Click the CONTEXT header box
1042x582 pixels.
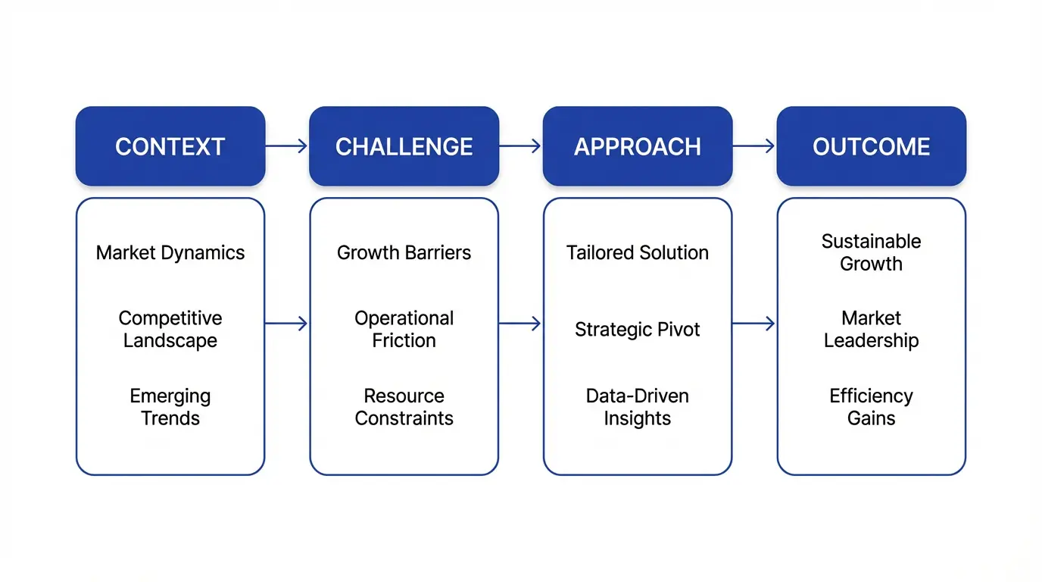coord(170,146)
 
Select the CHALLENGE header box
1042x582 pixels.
coord(404,146)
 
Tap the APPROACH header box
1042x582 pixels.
coord(638,146)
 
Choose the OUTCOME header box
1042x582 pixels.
coord(871,146)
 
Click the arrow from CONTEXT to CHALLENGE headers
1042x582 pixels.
coord(287,146)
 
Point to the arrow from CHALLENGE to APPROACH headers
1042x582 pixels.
coord(520,146)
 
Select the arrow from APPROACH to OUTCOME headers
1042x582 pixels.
coord(754,146)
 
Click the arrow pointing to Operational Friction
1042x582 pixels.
coord(287,324)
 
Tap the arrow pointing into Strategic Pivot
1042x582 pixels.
coord(520,324)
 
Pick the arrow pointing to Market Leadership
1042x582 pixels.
coord(754,324)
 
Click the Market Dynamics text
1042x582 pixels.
coord(170,253)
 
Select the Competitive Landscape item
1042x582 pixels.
coord(170,330)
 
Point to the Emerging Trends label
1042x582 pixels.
coord(170,407)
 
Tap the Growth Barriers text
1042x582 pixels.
coord(404,253)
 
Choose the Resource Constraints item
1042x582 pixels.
coord(404,407)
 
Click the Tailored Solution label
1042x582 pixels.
coord(638,253)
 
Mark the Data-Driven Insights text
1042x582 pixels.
coord(638,407)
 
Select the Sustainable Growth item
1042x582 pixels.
coord(871,252)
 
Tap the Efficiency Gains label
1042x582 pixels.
coord(871,407)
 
